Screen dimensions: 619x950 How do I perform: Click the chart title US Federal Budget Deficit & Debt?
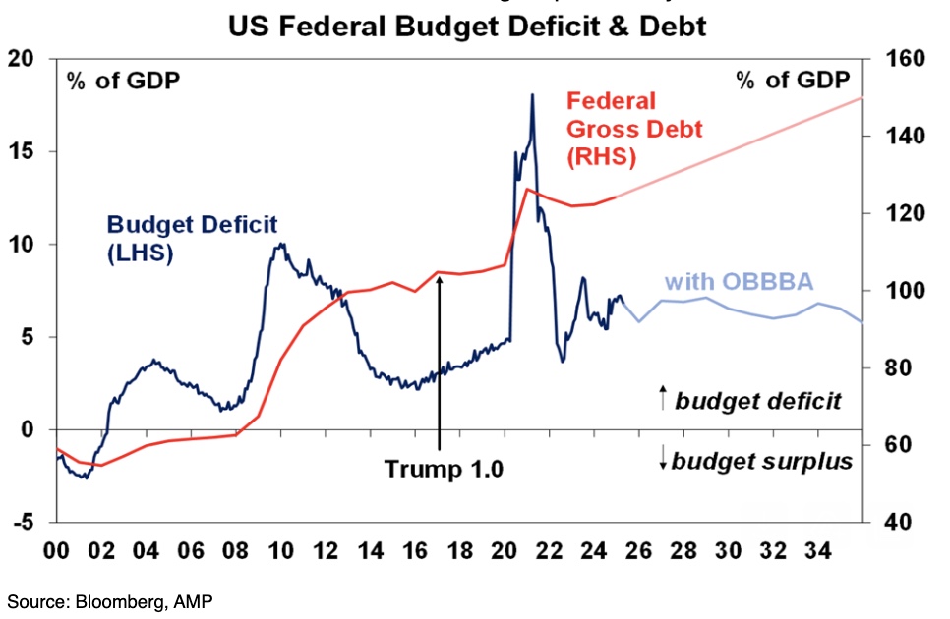click(467, 26)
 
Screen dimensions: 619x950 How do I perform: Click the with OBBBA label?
click(740, 283)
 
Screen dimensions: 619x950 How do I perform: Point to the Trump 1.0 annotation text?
click(444, 469)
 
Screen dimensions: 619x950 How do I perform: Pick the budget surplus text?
click(761, 460)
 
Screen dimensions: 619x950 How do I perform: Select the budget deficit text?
click(758, 400)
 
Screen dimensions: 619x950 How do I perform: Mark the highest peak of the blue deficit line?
click(532, 95)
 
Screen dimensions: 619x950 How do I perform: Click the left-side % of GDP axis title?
click(123, 81)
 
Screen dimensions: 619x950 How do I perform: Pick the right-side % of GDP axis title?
click(793, 81)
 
